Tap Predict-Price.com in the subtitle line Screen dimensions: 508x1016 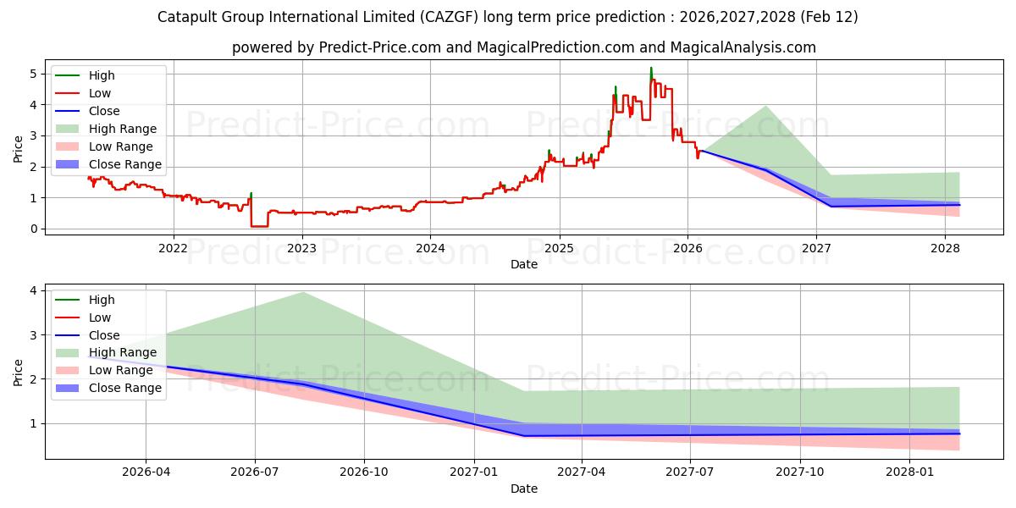379,47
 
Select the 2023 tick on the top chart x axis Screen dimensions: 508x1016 301,248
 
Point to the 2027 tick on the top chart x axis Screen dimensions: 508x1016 816,248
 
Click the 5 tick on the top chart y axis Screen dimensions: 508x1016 33,74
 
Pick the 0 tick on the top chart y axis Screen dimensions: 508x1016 33,229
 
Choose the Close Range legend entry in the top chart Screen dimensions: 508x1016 124,164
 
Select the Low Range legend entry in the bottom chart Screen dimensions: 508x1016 120,370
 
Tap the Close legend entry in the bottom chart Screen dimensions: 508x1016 103,335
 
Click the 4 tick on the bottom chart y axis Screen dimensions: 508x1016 33,290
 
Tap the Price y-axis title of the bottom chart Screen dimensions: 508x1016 18,372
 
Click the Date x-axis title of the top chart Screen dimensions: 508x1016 523,264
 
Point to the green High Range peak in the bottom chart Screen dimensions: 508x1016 302,292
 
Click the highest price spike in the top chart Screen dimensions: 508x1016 651,68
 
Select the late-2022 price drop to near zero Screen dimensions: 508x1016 259,226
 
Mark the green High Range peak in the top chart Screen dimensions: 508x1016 765,106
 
